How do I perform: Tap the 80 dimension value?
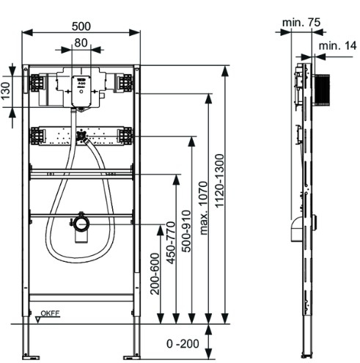pyautogui.click(x=81, y=43)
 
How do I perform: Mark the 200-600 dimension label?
pyautogui.click(x=155, y=273)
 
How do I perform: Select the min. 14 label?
pyautogui.click(x=338, y=46)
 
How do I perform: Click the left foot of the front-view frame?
pyautogui.click(x=27, y=342)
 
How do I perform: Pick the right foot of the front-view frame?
pyautogui.click(x=135, y=342)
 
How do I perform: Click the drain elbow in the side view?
pyautogui.click(x=295, y=232)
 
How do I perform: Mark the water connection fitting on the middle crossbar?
pyautogui.click(x=81, y=136)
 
